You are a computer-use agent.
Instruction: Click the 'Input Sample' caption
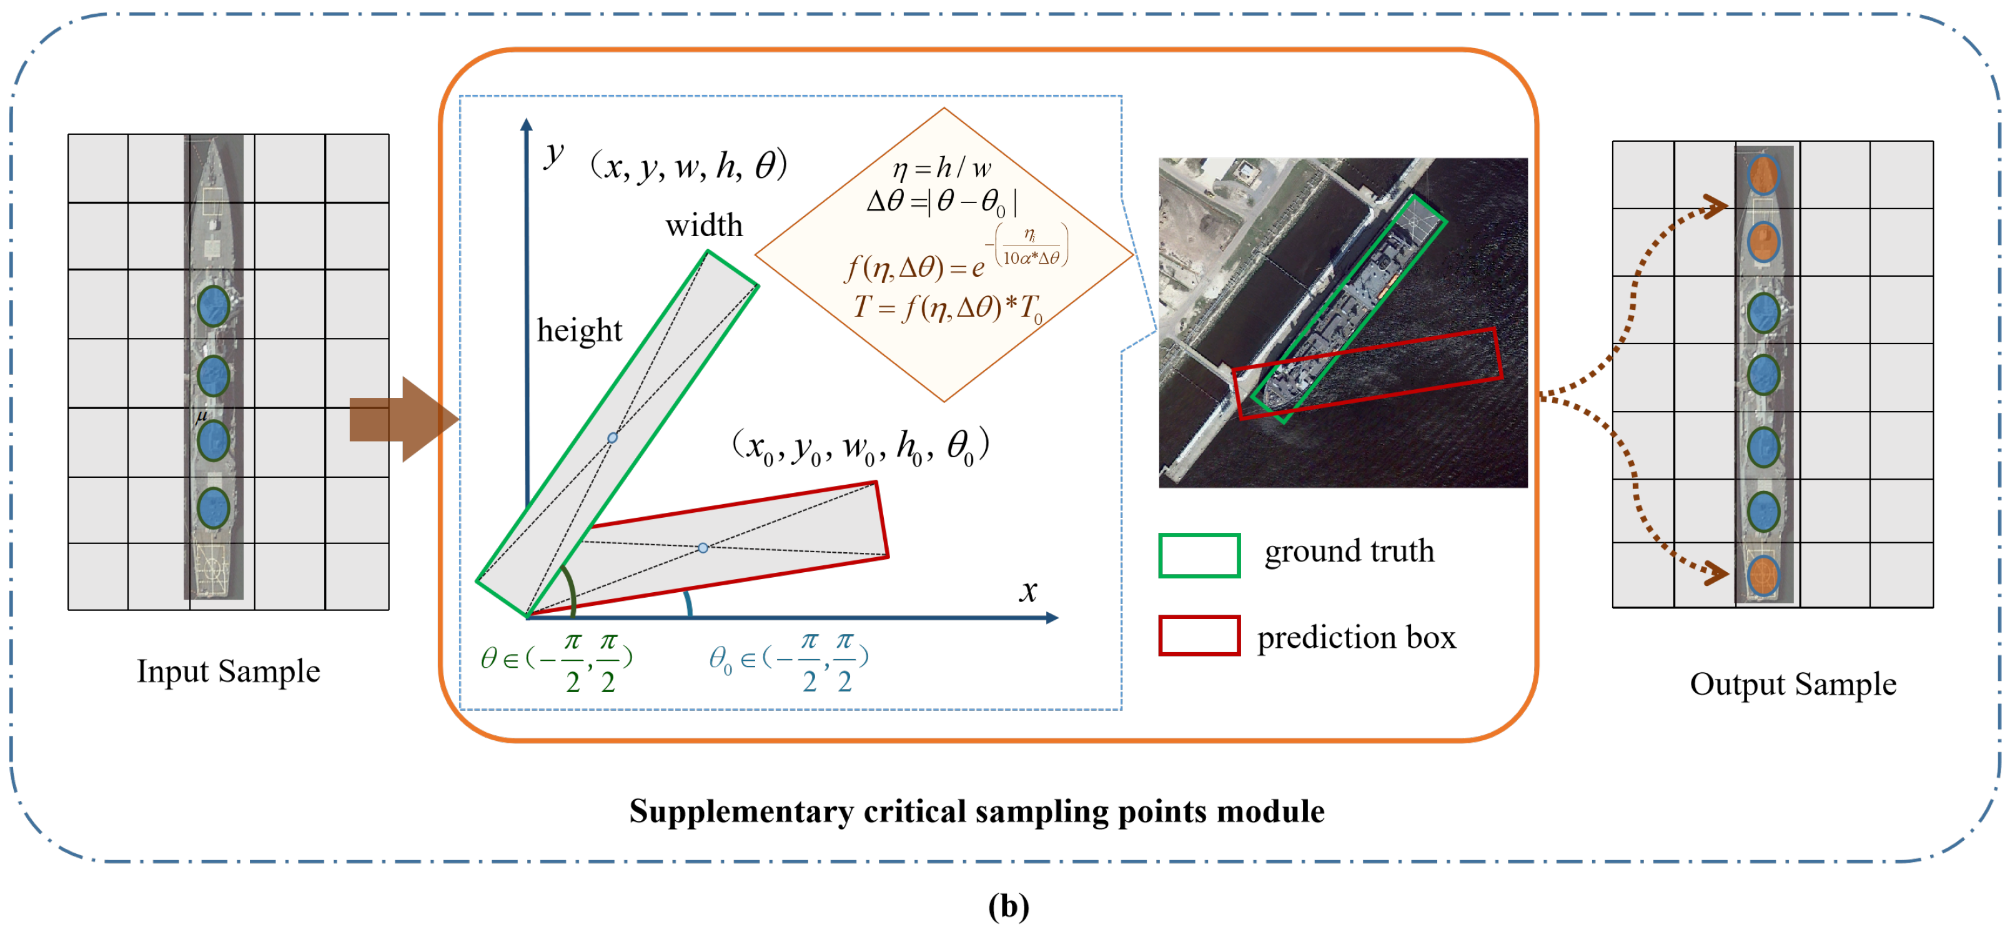click(229, 672)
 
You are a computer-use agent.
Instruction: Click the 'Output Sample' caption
click(1792, 684)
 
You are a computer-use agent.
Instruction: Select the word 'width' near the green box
click(704, 226)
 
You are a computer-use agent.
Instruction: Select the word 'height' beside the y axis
click(579, 330)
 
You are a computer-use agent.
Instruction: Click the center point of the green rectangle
click(613, 437)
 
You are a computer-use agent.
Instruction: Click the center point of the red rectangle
click(703, 548)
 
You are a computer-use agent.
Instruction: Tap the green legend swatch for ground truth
click(1199, 555)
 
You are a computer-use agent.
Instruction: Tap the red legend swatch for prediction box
click(1199, 635)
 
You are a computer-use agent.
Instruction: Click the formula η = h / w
click(942, 167)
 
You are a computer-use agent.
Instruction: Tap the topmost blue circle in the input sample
click(213, 306)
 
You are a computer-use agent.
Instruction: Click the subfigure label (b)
click(1008, 906)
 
